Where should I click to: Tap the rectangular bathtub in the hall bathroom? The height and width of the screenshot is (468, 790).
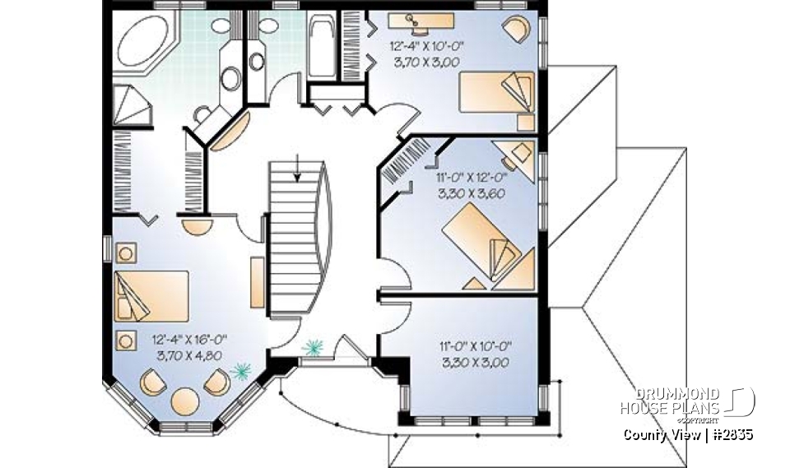click(320, 47)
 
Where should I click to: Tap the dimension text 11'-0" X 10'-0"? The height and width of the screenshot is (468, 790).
click(470, 348)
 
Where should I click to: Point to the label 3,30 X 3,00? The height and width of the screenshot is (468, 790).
click(470, 362)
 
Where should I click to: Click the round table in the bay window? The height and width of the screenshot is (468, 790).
click(185, 401)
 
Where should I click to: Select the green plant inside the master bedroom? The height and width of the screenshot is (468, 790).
click(239, 373)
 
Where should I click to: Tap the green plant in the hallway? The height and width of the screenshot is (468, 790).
click(313, 347)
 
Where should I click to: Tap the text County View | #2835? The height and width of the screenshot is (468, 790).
click(687, 434)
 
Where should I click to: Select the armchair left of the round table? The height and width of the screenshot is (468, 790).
click(151, 382)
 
